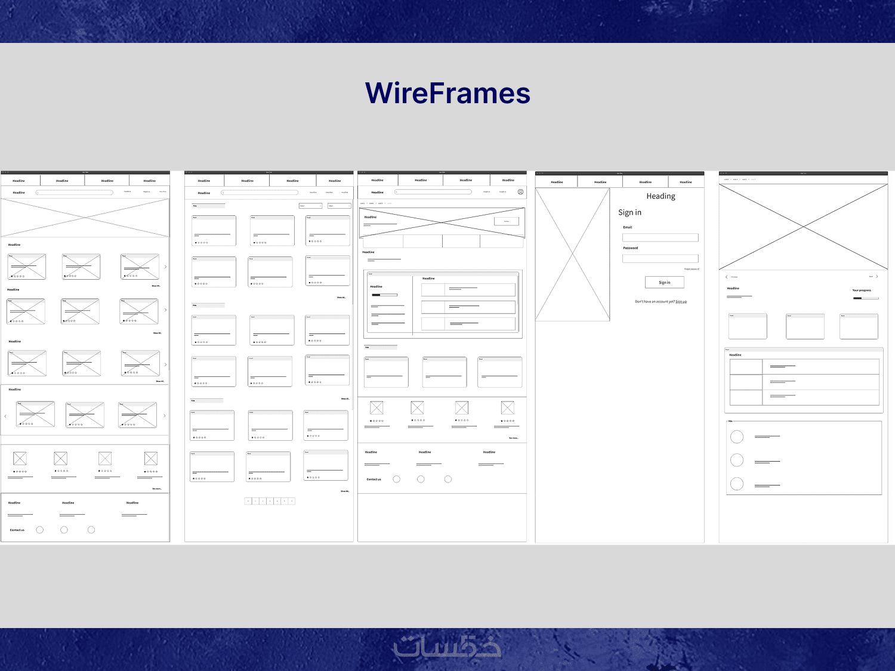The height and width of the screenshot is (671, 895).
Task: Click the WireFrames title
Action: click(x=447, y=94)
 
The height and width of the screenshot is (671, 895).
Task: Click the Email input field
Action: click(x=660, y=237)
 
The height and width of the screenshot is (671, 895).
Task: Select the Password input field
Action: click(x=660, y=258)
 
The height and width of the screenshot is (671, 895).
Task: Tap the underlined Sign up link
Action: click(x=681, y=302)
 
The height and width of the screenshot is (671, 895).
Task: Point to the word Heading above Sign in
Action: click(x=661, y=196)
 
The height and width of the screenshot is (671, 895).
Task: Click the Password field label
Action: click(x=631, y=248)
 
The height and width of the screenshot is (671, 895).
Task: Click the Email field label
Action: click(x=628, y=227)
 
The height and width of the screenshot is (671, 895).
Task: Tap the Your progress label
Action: click(x=862, y=290)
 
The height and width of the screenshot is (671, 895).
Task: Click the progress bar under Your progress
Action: click(x=866, y=298)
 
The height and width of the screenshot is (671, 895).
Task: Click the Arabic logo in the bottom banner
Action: click(x=447, y=647)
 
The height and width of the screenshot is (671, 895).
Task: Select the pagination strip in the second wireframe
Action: click(x=270, y=501)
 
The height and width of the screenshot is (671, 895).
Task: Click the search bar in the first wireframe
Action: click(x=75, y=192)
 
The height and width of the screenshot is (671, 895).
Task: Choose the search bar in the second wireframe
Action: click(x=260, y=193)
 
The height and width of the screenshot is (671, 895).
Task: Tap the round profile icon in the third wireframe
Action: click(x=520, y=192)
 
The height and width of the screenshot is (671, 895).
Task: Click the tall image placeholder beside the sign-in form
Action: click(x=572, y=255)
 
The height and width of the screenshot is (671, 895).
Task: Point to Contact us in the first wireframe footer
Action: click(x=17, y=530)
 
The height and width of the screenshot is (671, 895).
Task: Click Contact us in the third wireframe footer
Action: click(x=374, y=480)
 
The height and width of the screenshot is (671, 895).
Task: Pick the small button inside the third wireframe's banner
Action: click(x=507, y=221)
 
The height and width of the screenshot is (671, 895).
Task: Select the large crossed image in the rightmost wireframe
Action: click(x=803, y=227)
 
